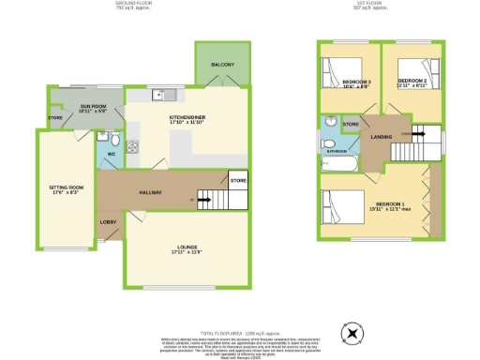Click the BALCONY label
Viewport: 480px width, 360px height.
point(222,64)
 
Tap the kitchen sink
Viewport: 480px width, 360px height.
point(159,94)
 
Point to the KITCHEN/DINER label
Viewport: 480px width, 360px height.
point(187,119)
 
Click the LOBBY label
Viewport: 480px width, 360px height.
point(108,222)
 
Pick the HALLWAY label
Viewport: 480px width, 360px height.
point(151,193)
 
